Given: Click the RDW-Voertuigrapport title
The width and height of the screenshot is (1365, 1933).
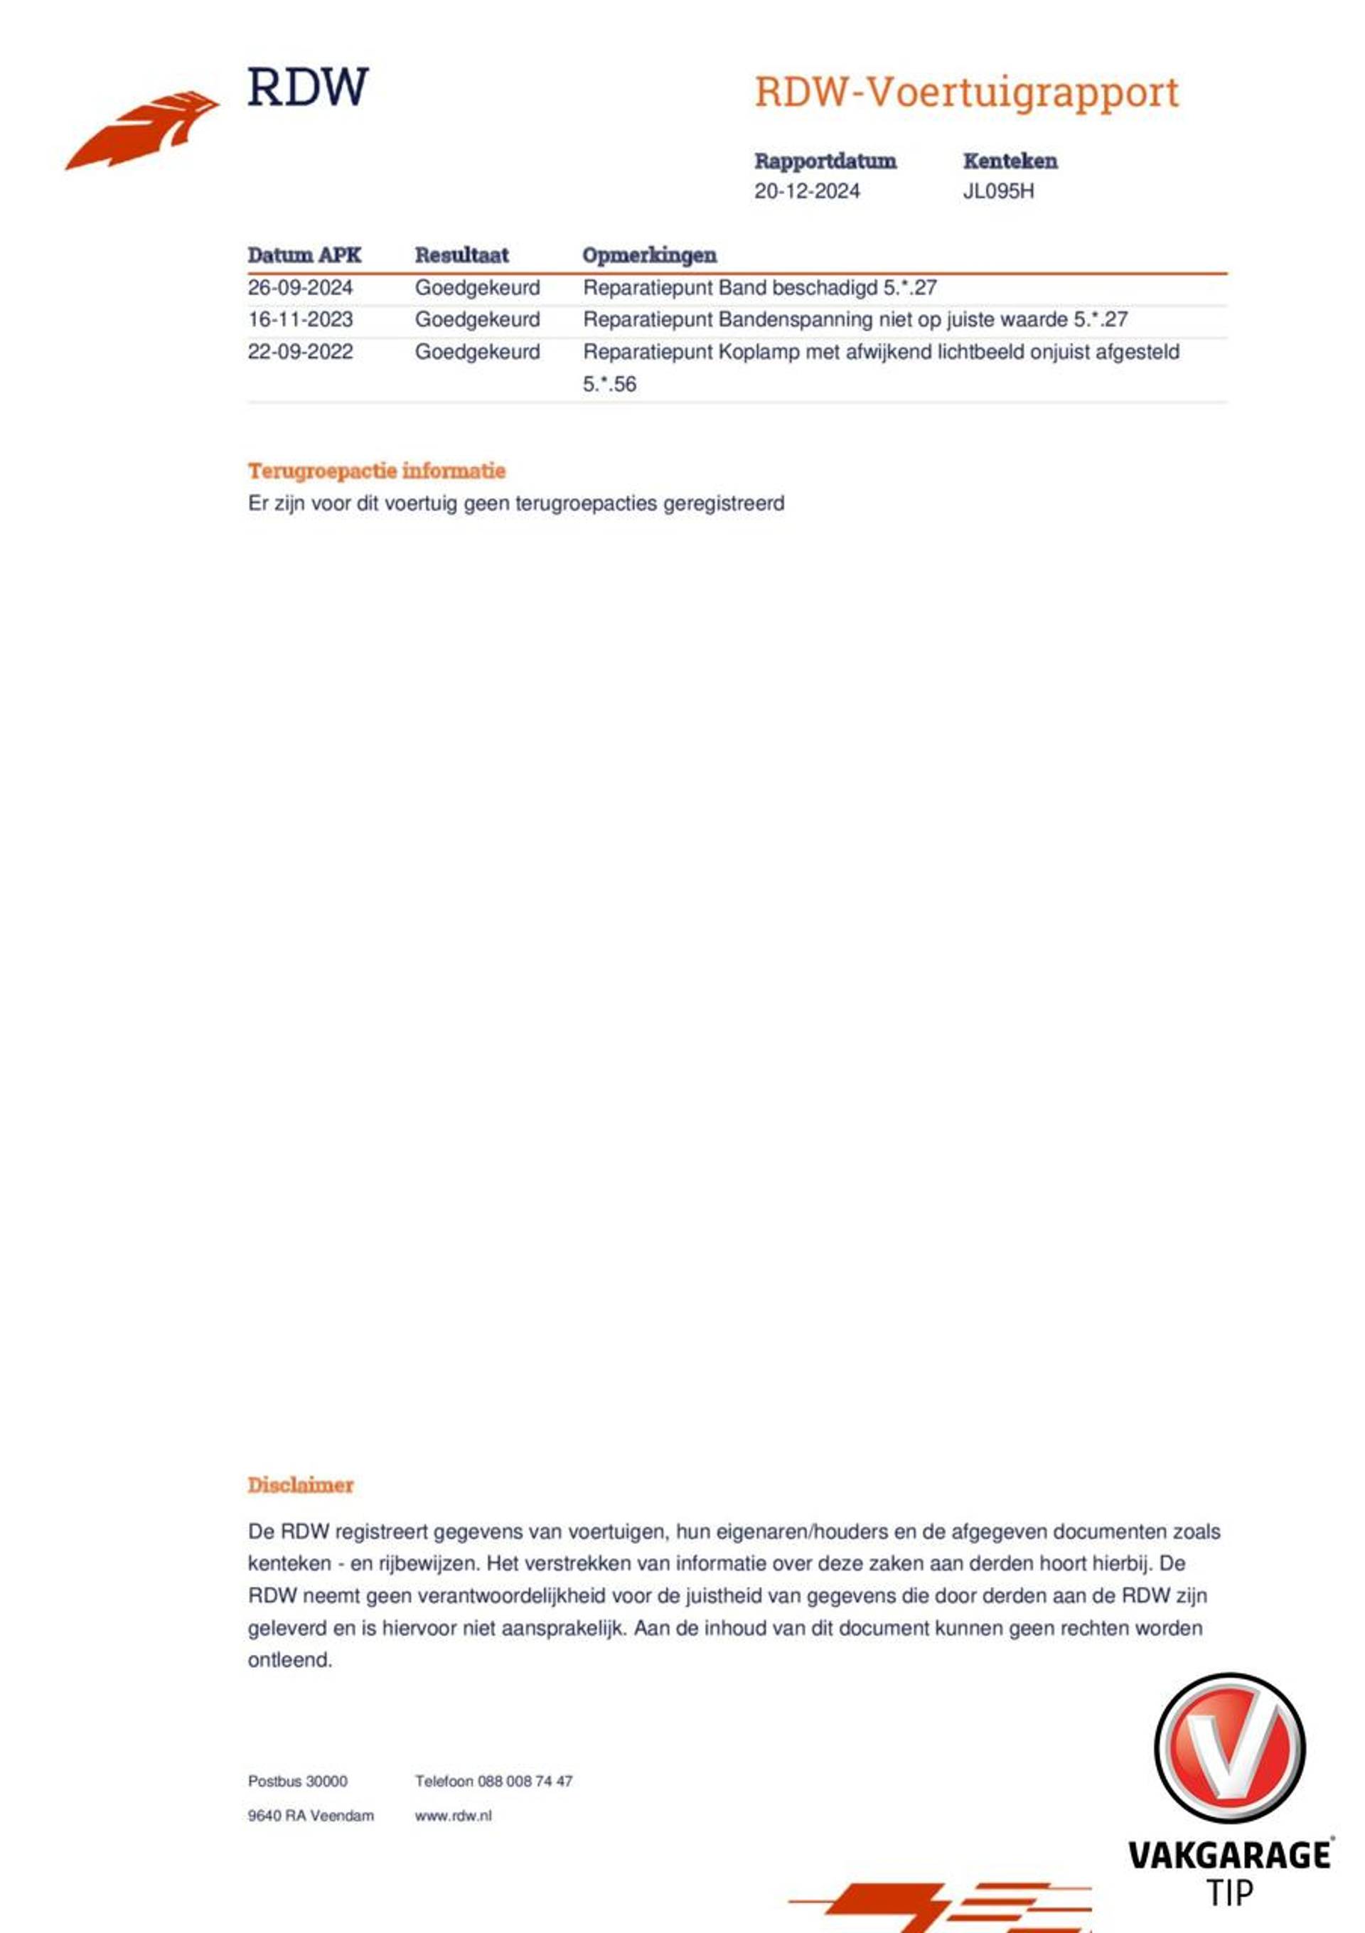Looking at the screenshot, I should coord(966,92).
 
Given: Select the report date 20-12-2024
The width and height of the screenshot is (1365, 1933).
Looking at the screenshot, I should coord(807,191).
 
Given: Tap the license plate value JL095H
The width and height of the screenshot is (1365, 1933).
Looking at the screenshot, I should coord(998,191).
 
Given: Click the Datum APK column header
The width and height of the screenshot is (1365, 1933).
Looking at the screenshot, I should coord(304,255).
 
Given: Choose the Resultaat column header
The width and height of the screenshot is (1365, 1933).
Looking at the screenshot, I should coord(461,255).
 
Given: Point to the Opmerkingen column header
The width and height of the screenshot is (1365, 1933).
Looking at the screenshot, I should coord(649,255).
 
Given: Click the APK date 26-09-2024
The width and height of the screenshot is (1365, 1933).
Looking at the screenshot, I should coord(300,288).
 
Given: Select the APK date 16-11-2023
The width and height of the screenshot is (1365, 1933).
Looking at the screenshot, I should coord(300,320).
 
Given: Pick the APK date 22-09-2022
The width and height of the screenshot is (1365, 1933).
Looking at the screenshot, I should coord(300,352).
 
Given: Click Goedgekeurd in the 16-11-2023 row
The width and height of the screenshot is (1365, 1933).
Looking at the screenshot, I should coord(478,320).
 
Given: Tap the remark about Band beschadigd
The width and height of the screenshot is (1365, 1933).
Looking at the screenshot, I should coord(759,288).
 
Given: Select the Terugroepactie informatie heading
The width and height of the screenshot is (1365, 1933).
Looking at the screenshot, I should coord(376,471).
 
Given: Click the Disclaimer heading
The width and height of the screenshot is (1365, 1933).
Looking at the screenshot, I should coord(301,1485).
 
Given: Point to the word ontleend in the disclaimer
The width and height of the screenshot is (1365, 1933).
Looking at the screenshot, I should coord(289,1660).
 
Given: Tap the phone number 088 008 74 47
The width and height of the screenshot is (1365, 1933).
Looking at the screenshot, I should coord(525,1782).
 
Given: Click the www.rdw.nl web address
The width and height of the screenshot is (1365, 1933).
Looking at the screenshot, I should coord(453,1816).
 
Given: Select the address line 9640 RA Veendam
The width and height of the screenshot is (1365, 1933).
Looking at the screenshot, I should coord(311,1816).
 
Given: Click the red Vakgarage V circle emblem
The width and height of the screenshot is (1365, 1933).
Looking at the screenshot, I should coord(1228,1749).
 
